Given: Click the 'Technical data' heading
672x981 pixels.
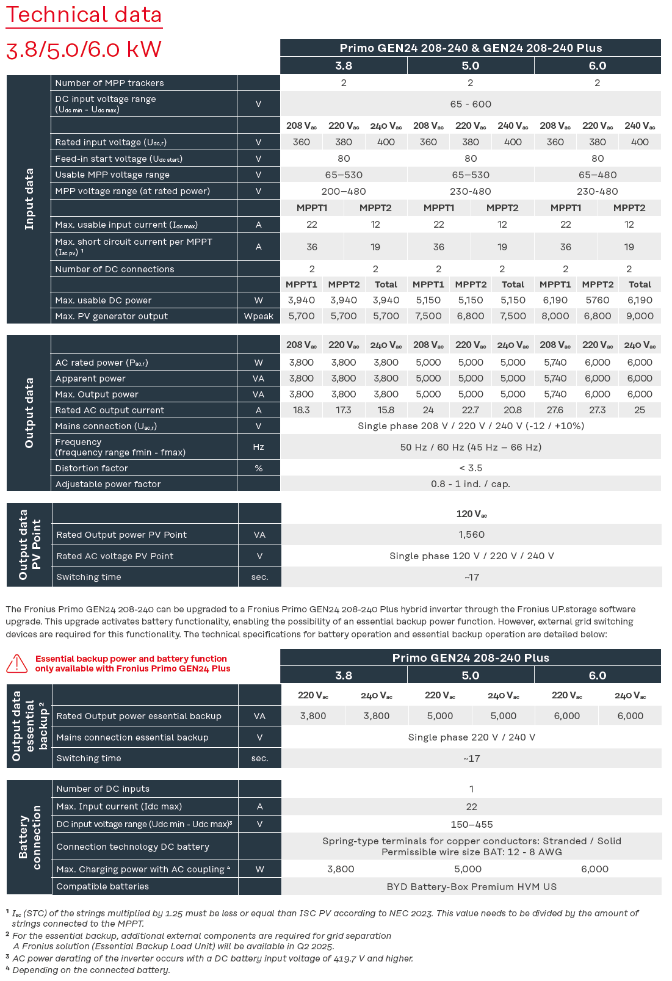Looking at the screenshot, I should coord(84,15).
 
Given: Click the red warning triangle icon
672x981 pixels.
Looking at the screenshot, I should coord(17,664).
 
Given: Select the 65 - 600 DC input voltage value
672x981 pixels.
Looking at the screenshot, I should coord(471,104).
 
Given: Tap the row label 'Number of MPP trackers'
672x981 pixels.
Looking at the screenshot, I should coord(109,83).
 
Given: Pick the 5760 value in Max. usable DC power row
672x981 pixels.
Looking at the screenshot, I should coord(597,300).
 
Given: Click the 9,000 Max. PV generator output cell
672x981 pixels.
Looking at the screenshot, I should coord(640,316).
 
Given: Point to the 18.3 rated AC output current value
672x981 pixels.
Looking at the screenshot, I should coord(302,410).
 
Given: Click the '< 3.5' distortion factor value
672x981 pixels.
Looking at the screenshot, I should coord(471,468).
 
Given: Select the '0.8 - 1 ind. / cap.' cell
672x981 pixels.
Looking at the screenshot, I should coord(471,484).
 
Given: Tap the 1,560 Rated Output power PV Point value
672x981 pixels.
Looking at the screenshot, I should coord(472,535).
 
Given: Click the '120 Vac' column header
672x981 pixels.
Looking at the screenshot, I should coord(472,514).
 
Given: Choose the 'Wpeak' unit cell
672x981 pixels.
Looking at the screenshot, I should coord(259,316).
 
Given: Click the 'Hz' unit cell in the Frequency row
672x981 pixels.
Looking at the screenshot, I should coord(259,447).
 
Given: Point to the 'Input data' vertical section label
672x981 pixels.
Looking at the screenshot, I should coord(29,199).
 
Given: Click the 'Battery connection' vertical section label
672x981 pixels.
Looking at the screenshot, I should coord(29,837).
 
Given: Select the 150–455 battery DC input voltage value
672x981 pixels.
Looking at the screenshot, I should coord(472,825).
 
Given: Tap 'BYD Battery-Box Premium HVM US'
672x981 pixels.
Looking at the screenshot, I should coord(472,887).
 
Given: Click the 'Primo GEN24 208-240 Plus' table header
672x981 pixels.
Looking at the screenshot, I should coord(471,658).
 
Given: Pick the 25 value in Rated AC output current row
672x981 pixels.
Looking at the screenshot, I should coord(640,410).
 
